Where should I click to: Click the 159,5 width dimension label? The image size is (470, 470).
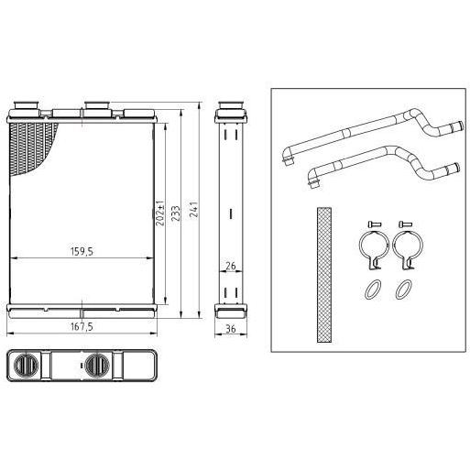click(x=82, y=252)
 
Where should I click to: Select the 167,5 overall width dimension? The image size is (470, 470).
click(x=82, y=327)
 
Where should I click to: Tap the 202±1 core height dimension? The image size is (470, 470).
click(x=160, y=213)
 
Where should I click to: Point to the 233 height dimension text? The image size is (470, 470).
click(x=176, y=213)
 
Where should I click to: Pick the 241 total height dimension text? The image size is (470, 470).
click(x=194, y=209)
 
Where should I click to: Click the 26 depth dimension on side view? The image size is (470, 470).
click(x=231, y=266)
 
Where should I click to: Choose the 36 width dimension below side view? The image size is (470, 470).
click(x=231, y=329)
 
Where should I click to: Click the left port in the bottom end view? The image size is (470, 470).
click(x=26, y=366)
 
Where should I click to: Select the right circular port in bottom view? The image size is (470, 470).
click(x=97, y=366)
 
